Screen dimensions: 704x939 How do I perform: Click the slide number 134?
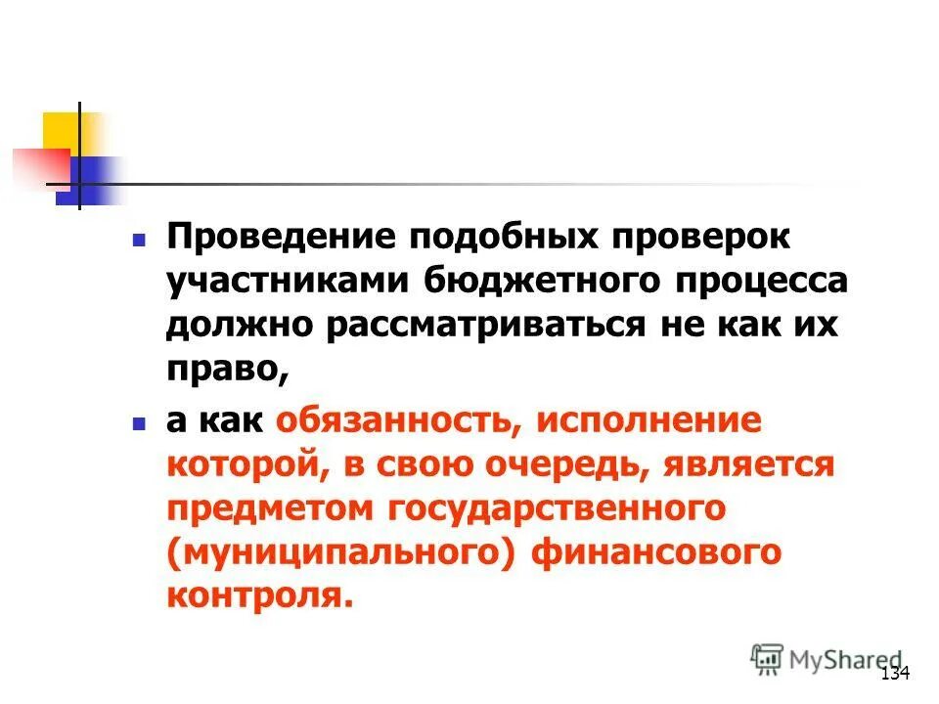point(895,674)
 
